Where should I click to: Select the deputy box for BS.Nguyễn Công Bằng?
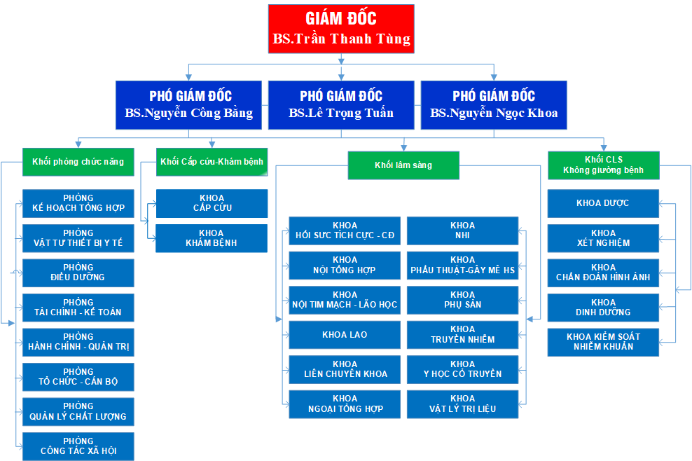(190, 104)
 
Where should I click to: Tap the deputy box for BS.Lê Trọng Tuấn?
(341, 104)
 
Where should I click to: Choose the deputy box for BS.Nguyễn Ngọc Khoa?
(494, 104)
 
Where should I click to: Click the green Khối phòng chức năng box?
(78, 162)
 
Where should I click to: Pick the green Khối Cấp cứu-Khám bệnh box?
(212, 162)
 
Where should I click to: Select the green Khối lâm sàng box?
(403, 165)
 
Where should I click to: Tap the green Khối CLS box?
(603, 165)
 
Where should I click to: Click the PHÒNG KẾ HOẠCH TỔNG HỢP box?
(78, 203)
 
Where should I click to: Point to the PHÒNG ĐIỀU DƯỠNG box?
(78, 273)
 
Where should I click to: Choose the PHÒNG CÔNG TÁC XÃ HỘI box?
(78, 446)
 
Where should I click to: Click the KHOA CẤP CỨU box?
(212, 203)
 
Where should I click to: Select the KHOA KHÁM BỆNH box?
(212, 238)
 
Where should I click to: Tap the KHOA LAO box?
(345, 335)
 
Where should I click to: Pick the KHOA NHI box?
(462, 230)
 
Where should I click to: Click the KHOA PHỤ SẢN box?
(462, 300)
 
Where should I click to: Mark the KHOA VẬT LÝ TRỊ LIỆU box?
(462, 404)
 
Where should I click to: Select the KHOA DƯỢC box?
(603, 203)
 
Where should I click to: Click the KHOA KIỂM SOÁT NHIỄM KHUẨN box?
(603, 341)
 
